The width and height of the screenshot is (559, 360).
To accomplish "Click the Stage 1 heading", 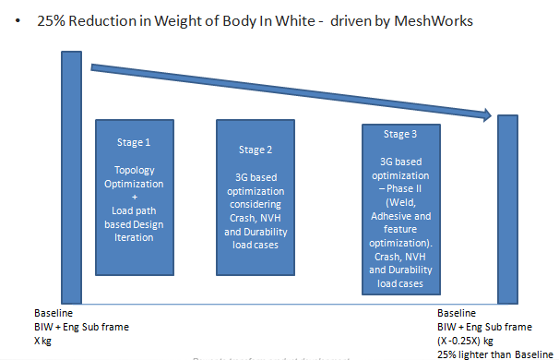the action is click(135, 143).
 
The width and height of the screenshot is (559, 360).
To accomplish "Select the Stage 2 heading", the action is click(256, 149).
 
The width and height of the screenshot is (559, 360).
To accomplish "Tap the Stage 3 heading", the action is click(399, 135).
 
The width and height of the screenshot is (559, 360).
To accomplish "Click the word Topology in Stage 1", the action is click(135, 171).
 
